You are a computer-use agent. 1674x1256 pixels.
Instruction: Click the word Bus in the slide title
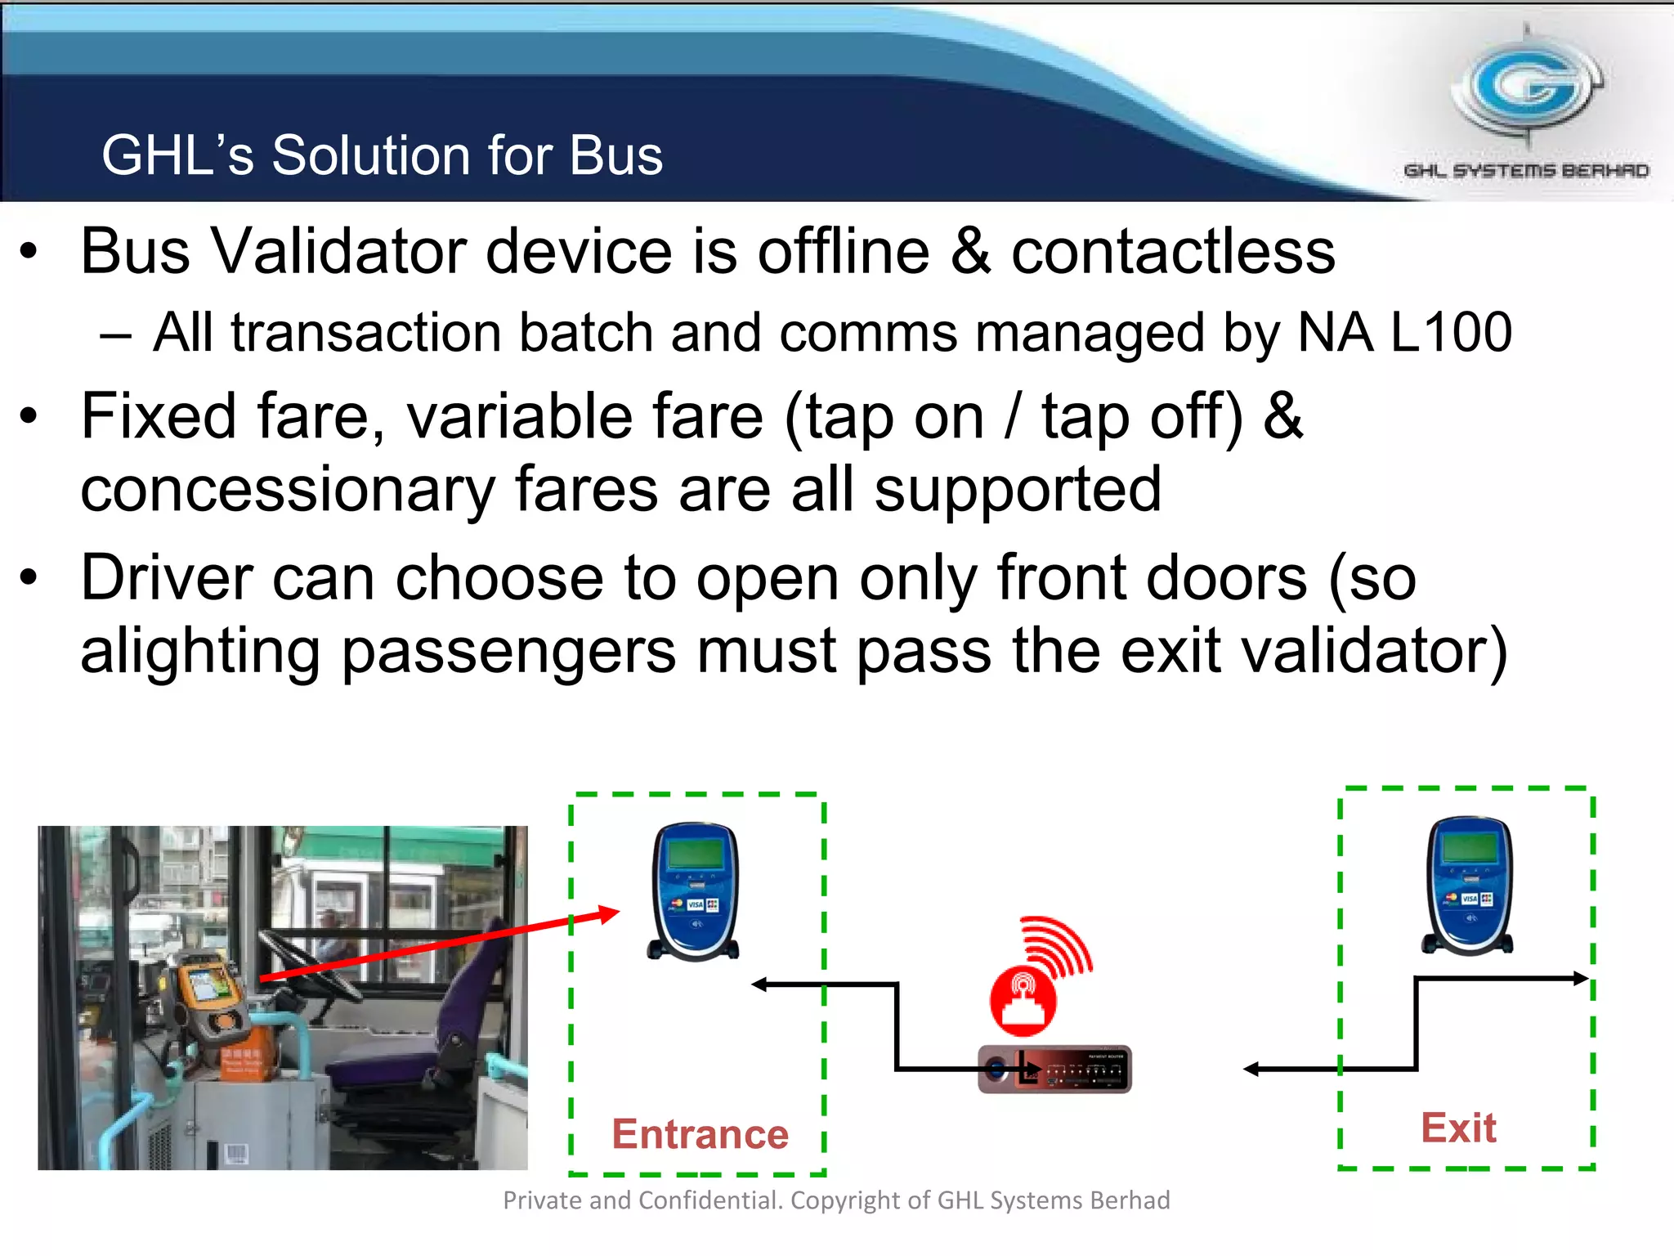[x=615, y=155]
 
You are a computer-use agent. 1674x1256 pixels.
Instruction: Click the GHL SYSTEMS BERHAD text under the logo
[x=1526, y=171]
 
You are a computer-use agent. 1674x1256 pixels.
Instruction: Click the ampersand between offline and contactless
[x=970, y=252]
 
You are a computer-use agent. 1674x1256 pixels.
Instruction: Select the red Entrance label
[x=700, y=1134]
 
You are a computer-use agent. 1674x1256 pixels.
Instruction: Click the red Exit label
[x=1458, y=1128]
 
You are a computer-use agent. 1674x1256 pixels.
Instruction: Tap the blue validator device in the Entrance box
[x=695, y=891]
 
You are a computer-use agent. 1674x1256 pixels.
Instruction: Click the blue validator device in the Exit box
[x=1469, y=886]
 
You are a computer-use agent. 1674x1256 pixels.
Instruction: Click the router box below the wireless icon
[x=1054, y=1069]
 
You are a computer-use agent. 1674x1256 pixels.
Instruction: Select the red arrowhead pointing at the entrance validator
[x=607, y=913]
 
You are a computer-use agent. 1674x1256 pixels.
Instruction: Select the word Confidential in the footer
[x=710, y=1200]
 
